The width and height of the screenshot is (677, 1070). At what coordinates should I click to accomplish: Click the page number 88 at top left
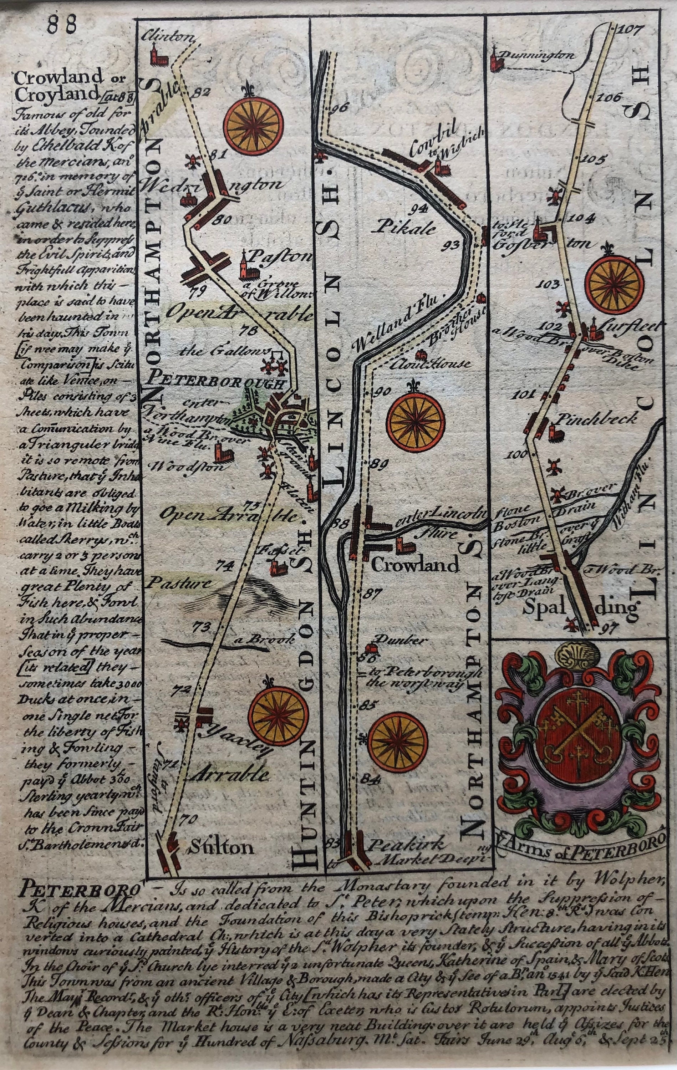(62, 21)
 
